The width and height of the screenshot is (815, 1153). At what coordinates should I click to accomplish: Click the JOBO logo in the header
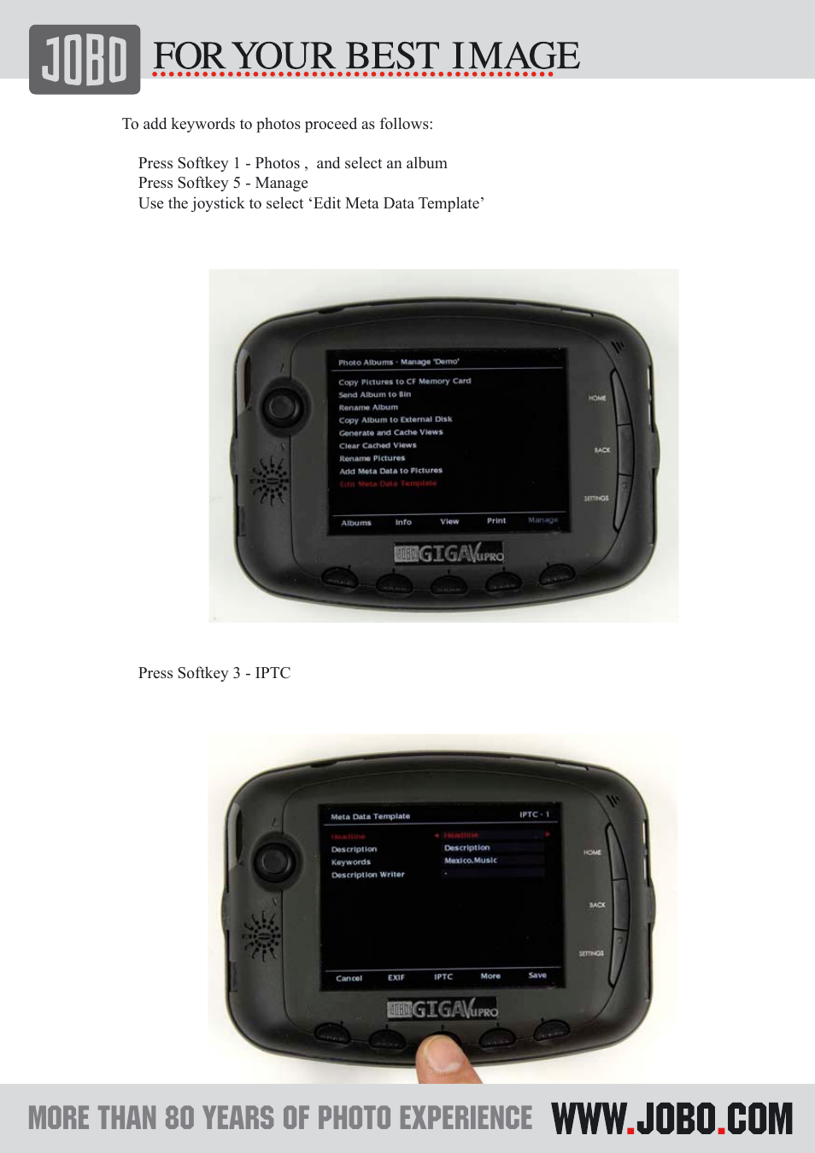click(85, 59)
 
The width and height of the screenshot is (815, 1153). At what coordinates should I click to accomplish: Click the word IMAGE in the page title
click(515, 56)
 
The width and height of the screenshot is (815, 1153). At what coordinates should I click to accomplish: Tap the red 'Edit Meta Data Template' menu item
click(388, 483)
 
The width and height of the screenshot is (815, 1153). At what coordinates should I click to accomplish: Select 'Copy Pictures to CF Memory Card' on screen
click(404, 382)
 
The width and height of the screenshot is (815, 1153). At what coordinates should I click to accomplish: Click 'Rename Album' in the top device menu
click(368, 407)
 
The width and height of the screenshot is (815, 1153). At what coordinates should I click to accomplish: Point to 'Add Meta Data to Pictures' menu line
click(390, 471)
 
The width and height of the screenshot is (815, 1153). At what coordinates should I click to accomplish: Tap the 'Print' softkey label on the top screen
click(496, 520)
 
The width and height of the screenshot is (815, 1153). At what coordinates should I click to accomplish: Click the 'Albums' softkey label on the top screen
click(356, 523)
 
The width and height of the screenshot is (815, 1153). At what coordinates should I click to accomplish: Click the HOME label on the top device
click(597, 398)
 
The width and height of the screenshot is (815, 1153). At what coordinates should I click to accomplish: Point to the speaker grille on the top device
click(269, 481)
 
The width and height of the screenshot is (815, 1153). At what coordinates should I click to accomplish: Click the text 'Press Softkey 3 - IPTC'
click(214, 673)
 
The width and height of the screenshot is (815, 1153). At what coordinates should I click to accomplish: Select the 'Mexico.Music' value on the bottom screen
click(471, 860)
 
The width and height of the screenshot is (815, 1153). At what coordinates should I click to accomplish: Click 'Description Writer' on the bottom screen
click(368, 875)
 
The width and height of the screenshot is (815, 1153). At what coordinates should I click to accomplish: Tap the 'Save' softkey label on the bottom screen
click(537, 974)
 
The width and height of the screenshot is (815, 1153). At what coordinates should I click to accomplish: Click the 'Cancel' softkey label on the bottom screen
click(349, 978)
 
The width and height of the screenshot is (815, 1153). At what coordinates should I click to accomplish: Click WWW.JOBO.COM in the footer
click(672, 1119)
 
